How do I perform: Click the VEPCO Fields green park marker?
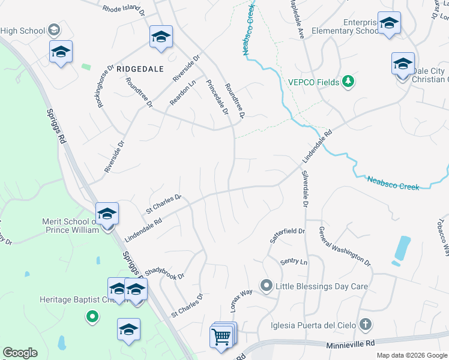[x=348, y=82]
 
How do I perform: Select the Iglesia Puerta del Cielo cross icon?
[x=366, y=325]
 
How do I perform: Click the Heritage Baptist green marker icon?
[x=92, y=316]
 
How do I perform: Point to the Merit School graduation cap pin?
[x=107, y=214]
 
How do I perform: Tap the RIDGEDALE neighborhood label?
[x=140, y=69]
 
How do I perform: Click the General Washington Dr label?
[x=345, y=246]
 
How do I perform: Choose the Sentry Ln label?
[x=294, y=262]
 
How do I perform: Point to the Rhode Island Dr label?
[x=124, y=9]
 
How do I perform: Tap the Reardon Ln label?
[x=182, y=94]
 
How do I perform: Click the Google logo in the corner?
[x=20, y=353]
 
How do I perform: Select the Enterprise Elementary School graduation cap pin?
[x=389, y=23]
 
